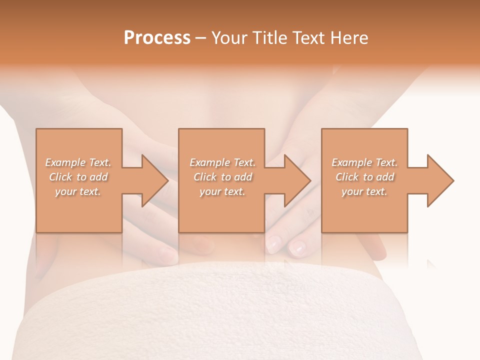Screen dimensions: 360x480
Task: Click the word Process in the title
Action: click(157, 38)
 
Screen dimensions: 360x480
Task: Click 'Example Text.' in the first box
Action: click(78, 162)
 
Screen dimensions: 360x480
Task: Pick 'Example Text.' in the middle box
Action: click(222, 162)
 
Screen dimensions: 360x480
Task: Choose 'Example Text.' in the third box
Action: click(364, 162)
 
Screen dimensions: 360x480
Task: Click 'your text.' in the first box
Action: click(78, 191)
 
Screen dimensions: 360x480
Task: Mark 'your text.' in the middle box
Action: click(222, 191)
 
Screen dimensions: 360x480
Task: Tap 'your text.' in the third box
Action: click(364, 191)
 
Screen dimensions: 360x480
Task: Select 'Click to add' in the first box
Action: click(78, 177)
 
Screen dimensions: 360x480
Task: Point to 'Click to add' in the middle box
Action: click(222, 177)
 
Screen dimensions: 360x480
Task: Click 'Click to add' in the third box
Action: click(364, 177)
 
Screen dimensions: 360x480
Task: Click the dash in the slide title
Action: click(201, 38)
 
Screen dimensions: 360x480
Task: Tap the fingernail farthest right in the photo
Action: click(298, 247)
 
